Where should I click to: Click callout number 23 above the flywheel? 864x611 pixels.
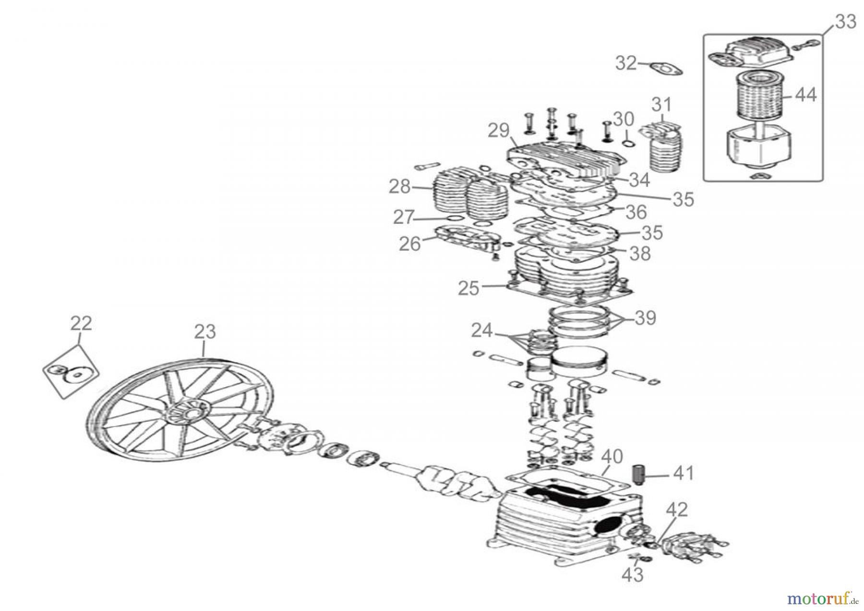click(x=205, y=331)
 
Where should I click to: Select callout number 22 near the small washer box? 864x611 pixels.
click(x=81, y=323)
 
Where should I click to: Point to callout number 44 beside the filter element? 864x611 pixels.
click(x=805, y=95)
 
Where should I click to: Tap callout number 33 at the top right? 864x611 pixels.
click(x=845, y=22)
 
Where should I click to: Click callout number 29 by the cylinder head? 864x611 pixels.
click(x=498, y=131)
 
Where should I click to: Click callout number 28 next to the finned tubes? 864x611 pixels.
click(x=399, y=186)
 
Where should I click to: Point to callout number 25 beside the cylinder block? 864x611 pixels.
click(x=468, y=288)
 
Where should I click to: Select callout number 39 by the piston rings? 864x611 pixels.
click(x=645, y=318)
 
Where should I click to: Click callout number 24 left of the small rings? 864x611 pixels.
click(x=481, y=330)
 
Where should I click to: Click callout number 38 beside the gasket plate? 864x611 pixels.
click(x=640, y=253)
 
